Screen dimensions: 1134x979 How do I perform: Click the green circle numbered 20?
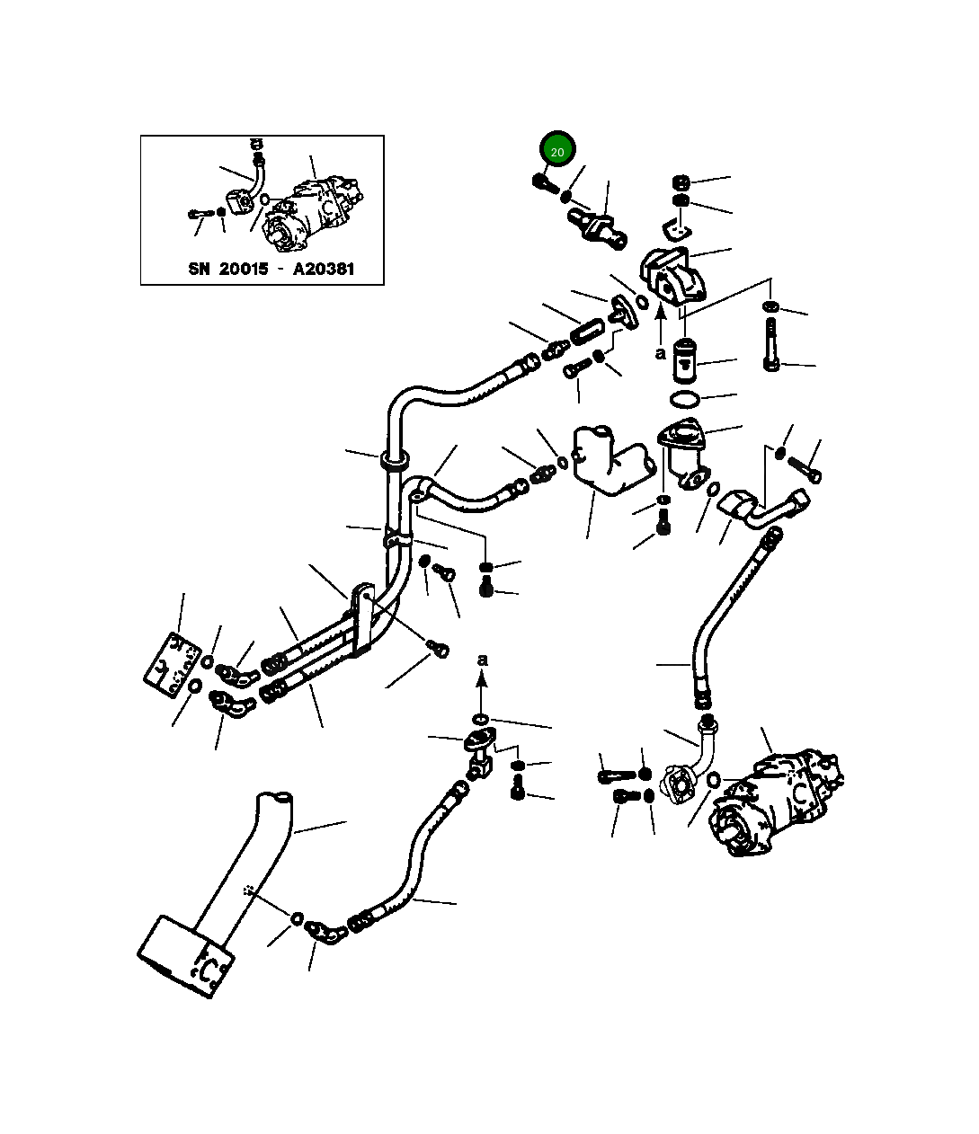coord(557,152)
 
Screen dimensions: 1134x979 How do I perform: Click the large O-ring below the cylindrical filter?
coord(686,398)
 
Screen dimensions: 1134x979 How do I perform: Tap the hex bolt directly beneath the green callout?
coord(541,182)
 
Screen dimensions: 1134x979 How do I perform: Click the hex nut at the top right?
coord(681,182)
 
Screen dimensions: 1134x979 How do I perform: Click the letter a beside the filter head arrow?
coord(661,353)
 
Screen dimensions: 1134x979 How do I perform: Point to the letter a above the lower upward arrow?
coord(483,660)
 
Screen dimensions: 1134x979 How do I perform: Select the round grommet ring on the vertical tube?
coord(394,462)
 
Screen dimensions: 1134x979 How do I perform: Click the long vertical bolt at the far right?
coord(771,346)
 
